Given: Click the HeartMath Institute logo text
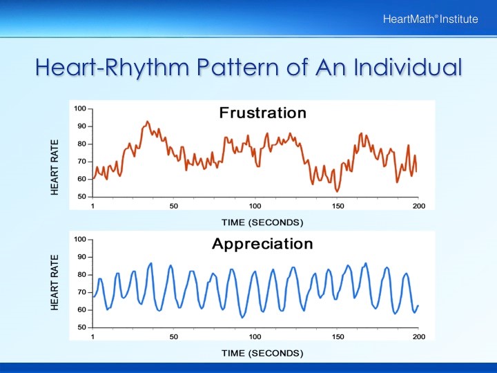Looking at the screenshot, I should [x=430, y=19].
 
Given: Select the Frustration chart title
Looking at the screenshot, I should [x=262, y=113].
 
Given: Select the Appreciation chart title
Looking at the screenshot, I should [x=262, y=244].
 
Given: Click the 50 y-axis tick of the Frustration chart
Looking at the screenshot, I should [x=81, y=197].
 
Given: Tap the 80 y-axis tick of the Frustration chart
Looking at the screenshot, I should [x=81, y=144].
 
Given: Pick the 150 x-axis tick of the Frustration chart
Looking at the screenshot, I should [x=338, y=207].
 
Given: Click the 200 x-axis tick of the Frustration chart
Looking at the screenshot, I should [x=419, y=207].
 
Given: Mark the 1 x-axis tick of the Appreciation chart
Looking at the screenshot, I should [x=92, y=337].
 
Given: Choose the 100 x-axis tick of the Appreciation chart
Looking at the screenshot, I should [x=255, y=337].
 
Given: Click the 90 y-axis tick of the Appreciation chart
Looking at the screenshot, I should [x=81, y=257].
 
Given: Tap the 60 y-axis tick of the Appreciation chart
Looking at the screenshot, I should [x=81, y=309].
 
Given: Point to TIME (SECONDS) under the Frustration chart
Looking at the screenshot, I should [x=262, y=222].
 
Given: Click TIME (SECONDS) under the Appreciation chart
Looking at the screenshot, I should [x=262, y=353].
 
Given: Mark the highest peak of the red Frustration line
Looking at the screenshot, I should [x=147, y=122].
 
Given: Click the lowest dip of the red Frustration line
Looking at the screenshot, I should [x=337, y=191].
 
